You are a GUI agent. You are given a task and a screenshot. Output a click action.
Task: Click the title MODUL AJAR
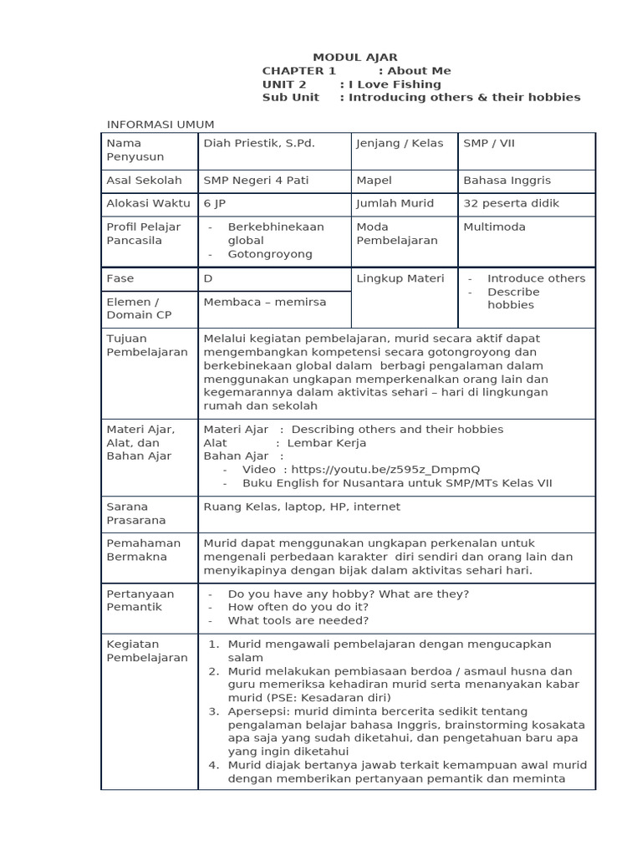(x=355, y=58)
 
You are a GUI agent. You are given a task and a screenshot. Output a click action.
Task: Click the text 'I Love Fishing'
(x=395, y=84)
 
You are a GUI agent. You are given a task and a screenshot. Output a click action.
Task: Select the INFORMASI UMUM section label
(x=160, y=125)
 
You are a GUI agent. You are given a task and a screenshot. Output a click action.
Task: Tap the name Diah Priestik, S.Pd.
(x=259, y=143)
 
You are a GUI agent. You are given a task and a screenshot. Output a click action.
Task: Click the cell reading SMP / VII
(x=489, y=143)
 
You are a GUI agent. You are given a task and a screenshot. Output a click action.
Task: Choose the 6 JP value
(x=215, y=203)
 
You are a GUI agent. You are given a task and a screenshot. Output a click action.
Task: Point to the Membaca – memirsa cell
(x=265, y=302)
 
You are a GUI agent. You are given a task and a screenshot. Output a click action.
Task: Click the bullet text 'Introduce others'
(x=536, y=278)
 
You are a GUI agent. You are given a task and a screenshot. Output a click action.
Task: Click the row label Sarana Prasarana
(x=135, y=513)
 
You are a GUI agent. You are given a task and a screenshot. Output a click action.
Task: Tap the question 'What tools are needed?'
(x=298, y=620)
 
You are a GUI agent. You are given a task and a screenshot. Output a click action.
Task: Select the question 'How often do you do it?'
(x=298, y=607)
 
